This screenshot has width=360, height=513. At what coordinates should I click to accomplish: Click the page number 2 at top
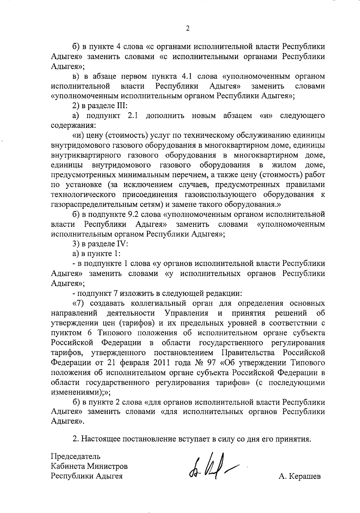(187, 28)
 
